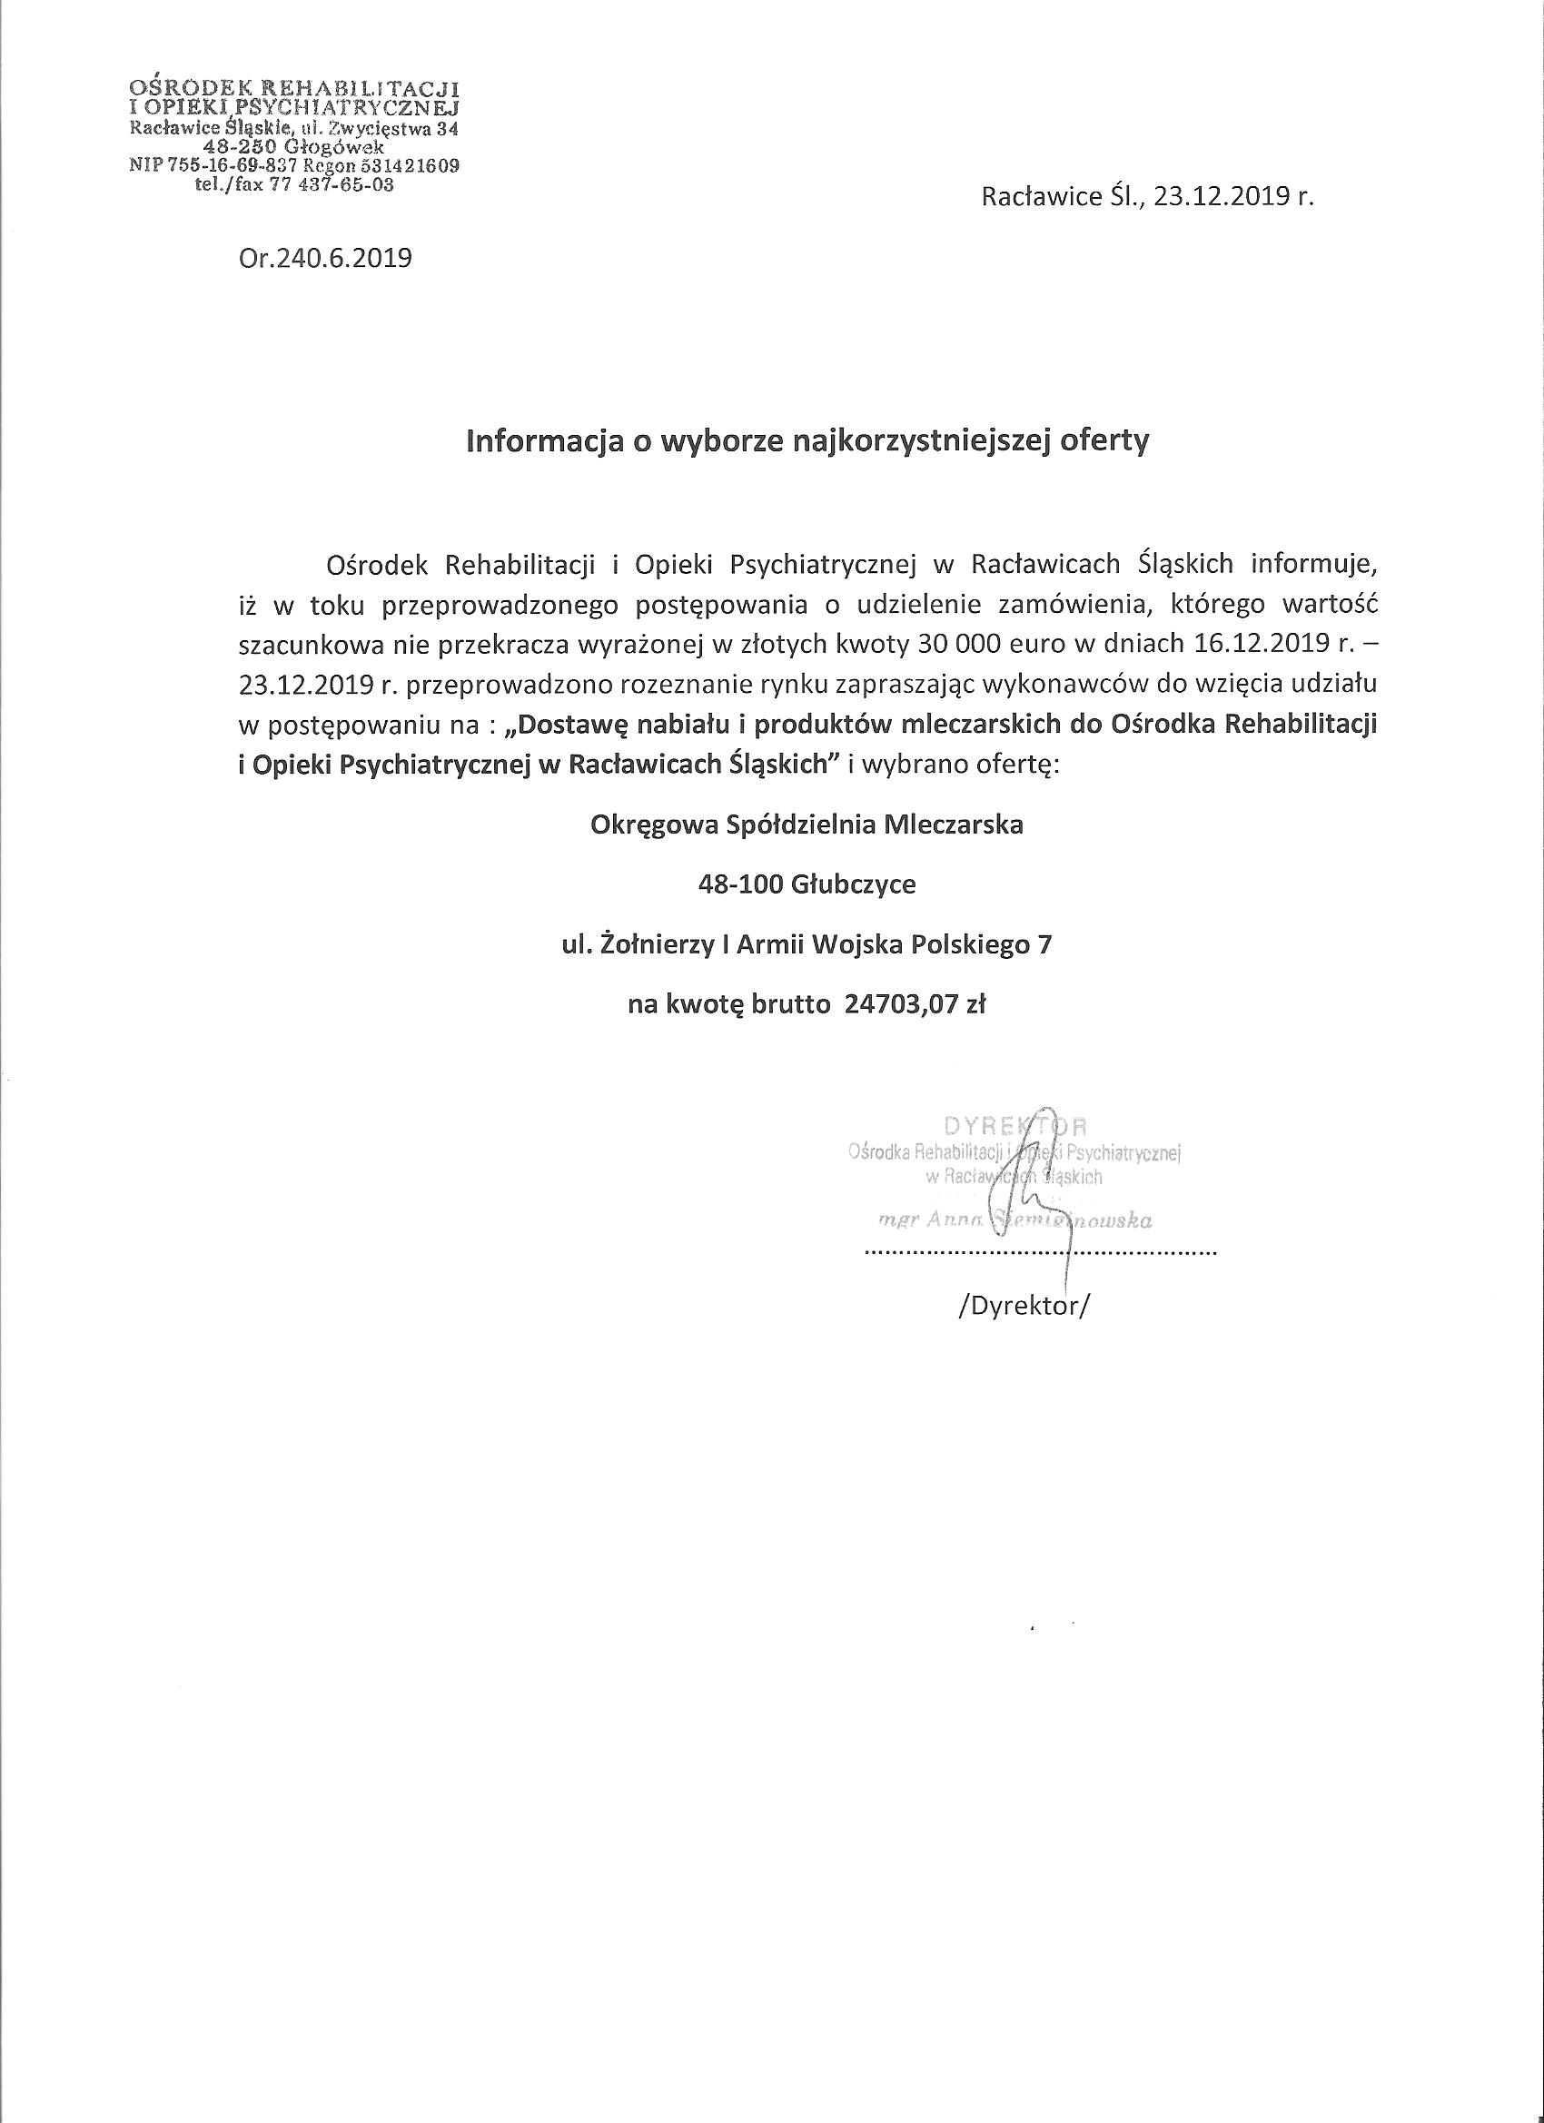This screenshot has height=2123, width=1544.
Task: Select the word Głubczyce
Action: tap(853, 884)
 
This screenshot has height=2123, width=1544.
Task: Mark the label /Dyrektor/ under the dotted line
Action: tap(1024, 1306)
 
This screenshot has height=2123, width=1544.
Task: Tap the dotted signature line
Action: tap(1039, 1251)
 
